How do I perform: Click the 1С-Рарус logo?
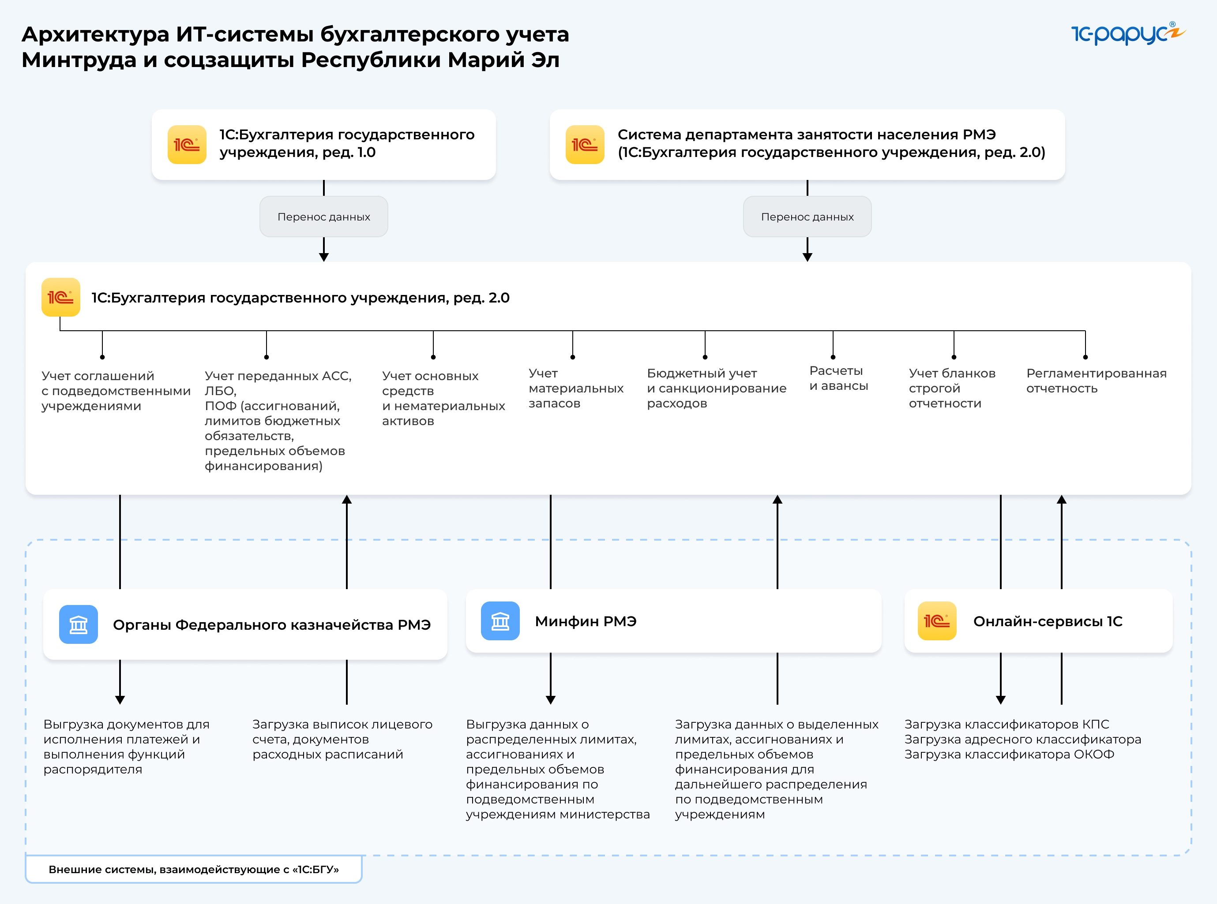coord(1127,34)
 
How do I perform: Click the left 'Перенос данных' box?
coord(323,217)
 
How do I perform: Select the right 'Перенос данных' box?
coord(807,217)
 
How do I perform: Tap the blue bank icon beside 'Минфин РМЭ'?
coord(500,621)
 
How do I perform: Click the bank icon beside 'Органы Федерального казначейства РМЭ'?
coord(78,624)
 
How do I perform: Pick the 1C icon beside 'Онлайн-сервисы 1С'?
coord(937,621)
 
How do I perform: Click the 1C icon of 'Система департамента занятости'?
coord(585,145)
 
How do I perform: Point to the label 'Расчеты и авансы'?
coord(838,378)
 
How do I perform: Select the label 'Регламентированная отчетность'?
coord(1096,381)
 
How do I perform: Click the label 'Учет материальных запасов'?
coord(575,388)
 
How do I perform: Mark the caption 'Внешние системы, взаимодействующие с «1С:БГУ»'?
coord(194,870)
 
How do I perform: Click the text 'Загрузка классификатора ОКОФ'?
coord(1009,755)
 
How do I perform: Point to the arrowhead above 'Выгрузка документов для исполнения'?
coord(120,700)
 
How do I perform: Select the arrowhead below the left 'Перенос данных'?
coord(323,257)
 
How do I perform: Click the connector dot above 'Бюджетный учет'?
coord(705,357)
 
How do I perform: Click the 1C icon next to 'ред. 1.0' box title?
coord(187,145)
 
